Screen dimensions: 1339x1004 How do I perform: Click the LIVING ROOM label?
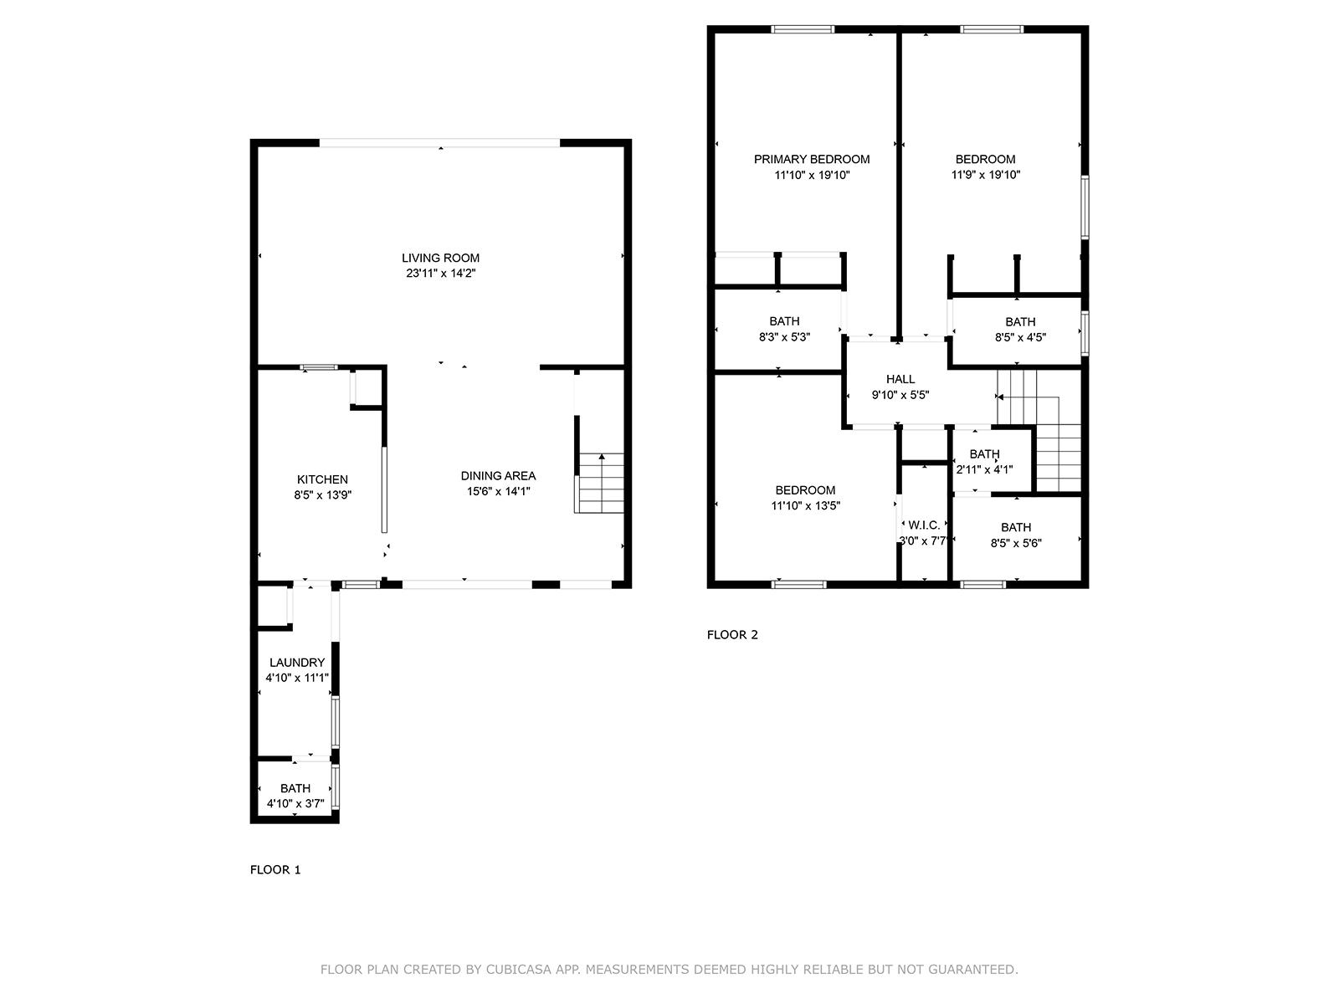[x=440, y=258]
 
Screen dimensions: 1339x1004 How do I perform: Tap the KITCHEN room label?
[x=322, y=479]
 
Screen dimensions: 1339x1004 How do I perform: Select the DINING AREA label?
[x=498, y=475]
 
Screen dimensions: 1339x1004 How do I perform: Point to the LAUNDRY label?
[x=296, y=662]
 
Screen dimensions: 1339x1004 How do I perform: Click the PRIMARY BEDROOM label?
[x=811, y=159]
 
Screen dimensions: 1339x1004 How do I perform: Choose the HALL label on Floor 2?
[x=900, y=379]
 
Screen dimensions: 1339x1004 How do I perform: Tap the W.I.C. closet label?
[x=924, y=525]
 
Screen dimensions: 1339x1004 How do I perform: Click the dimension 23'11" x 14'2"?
[x=440, y=273]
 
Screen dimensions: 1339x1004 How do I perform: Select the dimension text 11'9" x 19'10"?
[x=985, y=175]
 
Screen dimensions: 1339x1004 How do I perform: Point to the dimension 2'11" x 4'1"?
[x=984, y=469]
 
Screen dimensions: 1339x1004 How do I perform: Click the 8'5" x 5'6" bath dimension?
[x=1016, y=542]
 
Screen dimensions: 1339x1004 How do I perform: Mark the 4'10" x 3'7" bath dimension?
[x=295, y=803]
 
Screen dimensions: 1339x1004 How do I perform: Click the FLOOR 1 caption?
[x=275, y=869]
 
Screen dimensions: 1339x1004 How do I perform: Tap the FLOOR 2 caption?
[x=732, y=634]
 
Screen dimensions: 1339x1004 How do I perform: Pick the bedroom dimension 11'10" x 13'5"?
[x=805, y=505]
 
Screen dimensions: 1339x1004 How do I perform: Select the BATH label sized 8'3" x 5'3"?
[x=784, y=321]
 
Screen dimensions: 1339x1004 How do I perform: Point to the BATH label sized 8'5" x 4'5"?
[x=1020, y=322]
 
